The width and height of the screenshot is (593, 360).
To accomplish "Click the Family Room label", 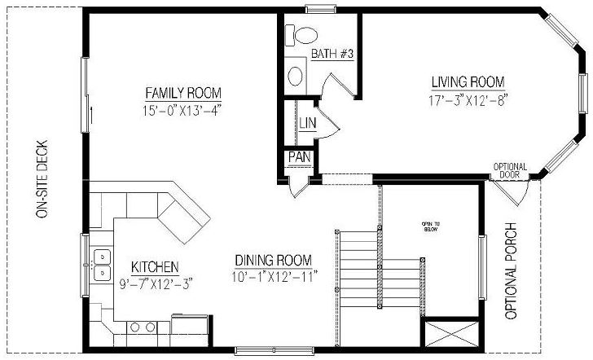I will pyautogui.click(x=183, y=91).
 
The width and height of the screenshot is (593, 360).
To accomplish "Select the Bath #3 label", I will pyautogui.click(x=332, y=55).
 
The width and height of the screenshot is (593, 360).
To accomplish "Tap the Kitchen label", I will pyautogui.click(x=155, y=266).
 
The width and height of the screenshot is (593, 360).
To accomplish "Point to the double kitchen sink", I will pyautogui.click(x=103, y=264).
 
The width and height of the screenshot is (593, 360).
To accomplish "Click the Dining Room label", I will pyautogui.click(x=273, y=261).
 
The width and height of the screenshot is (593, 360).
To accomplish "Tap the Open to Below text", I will pyautogui.click(x=431, y=226).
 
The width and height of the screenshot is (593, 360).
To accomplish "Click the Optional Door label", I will pyautogui.click(x=510, y=171).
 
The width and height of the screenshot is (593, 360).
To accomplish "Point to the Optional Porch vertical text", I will pyautogui.click(x=512, y=270).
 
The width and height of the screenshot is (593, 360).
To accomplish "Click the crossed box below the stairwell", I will pyautogui.click(x=450, y=333).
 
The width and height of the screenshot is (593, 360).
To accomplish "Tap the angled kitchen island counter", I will pyautogui.click(x=183, y=213).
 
